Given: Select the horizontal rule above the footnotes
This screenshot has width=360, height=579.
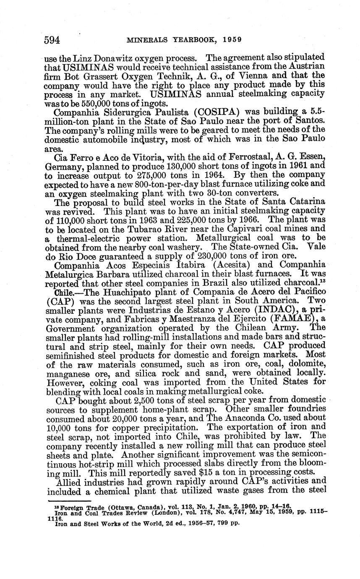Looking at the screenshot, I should tap(69, 501).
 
